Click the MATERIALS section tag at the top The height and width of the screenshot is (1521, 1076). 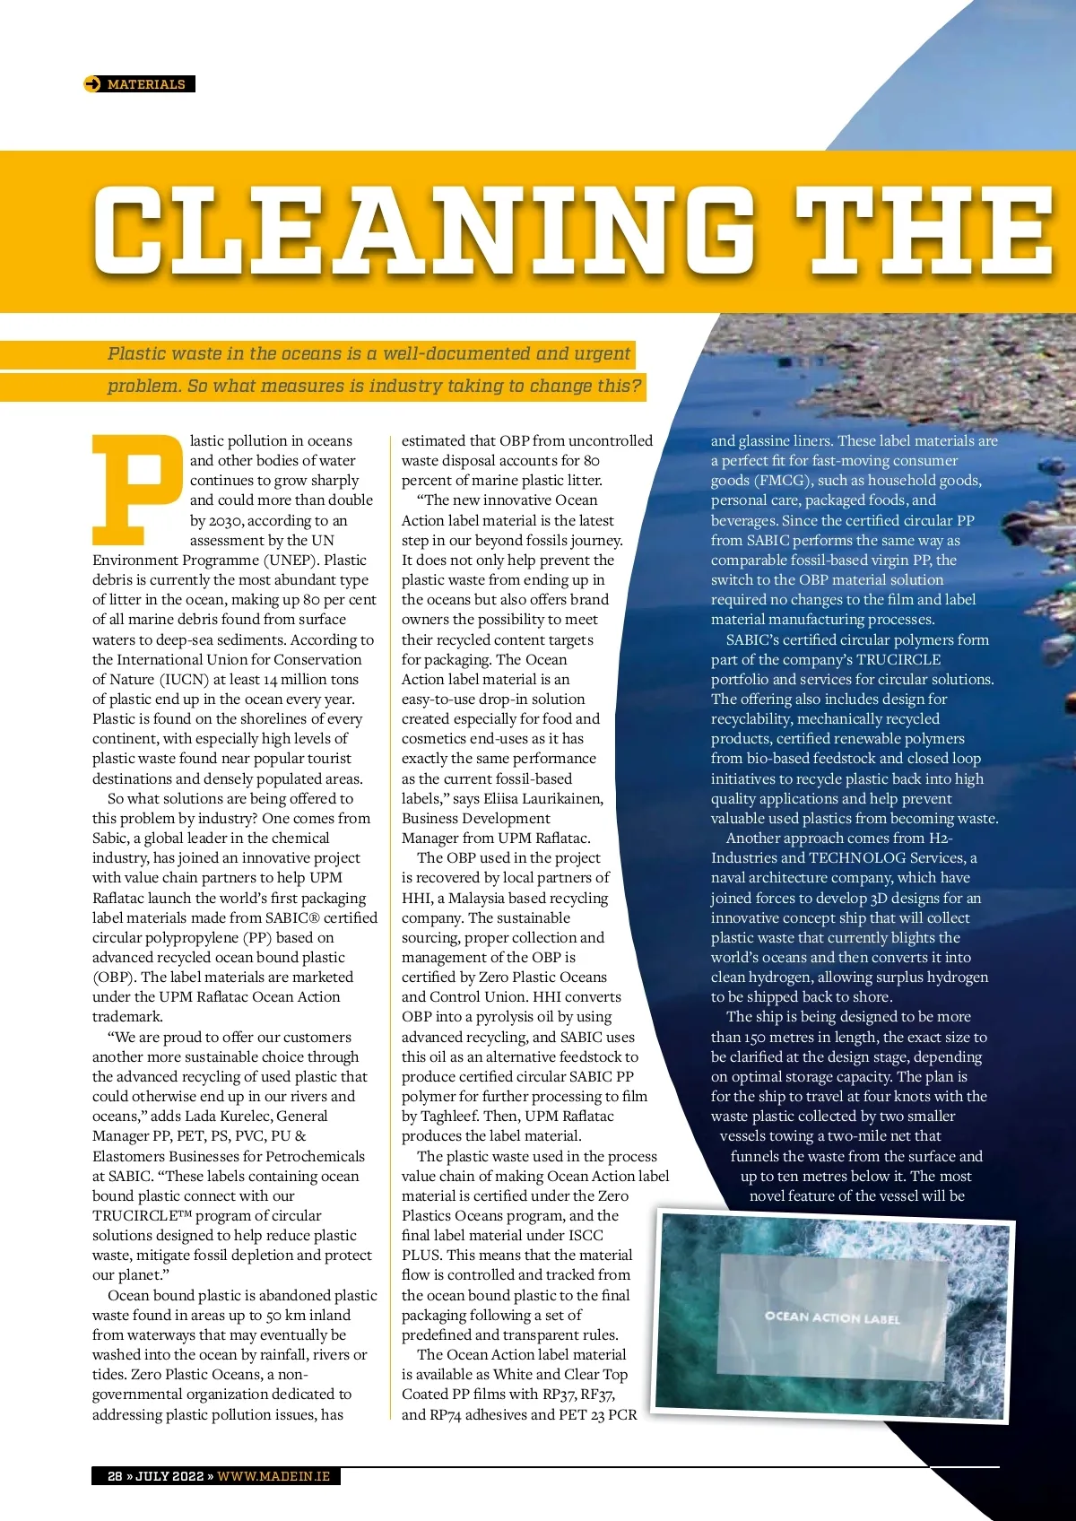[146, 84]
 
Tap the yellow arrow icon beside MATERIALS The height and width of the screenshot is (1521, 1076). [92, 84]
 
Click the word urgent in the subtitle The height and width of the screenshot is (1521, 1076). [603, 353]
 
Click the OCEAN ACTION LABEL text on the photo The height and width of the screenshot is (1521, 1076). [832, 1317]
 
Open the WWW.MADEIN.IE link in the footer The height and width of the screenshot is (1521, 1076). [273, 1476]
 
